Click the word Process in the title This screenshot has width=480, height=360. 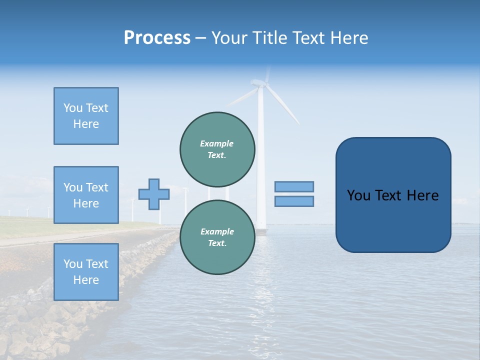(157, 37)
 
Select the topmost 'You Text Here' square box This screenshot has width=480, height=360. (86, 116)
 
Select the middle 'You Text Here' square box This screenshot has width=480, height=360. (86, 195)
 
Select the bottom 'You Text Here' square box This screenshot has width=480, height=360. (86, 271)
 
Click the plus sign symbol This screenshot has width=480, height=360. (154, 194)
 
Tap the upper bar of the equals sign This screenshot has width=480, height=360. (294, 186)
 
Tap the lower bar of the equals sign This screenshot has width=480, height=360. (294, 201)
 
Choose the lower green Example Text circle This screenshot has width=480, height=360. (217, 237)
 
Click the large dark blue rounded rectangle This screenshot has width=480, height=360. (393, 220)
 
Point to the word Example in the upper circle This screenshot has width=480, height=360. (217, 143)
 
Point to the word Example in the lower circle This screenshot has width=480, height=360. (217, 231)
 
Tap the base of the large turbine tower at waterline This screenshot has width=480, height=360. (261, 227)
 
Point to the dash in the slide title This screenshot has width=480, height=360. (200, 38)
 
